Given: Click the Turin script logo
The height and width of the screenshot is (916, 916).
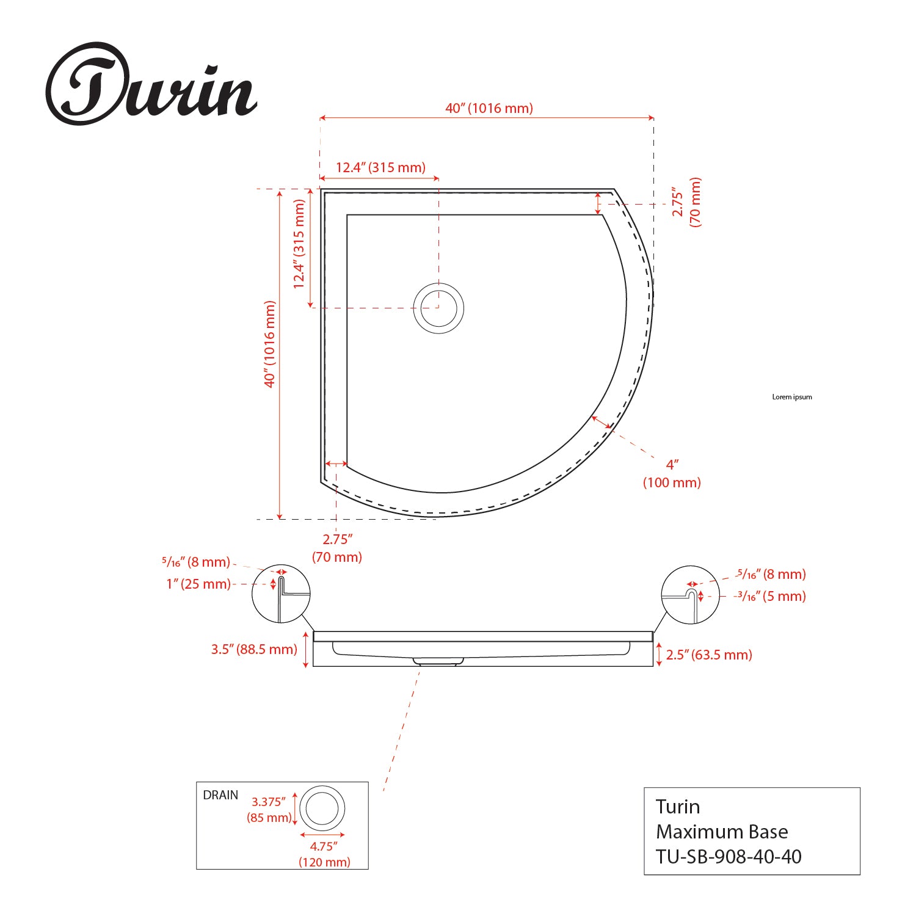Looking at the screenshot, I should [x=151, y=85].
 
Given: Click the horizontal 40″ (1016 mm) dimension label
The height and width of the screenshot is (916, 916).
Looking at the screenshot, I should [x=489, y=108].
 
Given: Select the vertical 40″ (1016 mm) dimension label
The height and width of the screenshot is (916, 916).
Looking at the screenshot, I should [x=270, y=344].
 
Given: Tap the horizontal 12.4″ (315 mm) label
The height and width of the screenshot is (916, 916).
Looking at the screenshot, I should [x=380, y=167].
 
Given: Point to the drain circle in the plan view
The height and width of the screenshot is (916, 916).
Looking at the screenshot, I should [x=438, y=308].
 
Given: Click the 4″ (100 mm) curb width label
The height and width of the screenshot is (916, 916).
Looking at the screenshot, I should [x=672, y=473].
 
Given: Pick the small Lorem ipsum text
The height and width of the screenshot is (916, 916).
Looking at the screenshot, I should [x=792, y=397].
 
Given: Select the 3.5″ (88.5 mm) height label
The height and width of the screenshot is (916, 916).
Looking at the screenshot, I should [x=254, y=649].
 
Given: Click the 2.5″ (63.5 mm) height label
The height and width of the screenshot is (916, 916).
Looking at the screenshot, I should [x=709, y=655].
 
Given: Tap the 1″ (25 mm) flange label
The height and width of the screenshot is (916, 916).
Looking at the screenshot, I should [x=198, y=584].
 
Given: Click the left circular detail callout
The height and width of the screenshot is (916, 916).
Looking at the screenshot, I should [x=281, y=594].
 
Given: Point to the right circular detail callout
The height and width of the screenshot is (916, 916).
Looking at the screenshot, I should [x=691, y=594].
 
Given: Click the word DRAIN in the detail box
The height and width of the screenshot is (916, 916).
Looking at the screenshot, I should [x=220, y=795].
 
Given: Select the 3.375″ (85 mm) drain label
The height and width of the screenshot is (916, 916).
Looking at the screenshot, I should [x=270, y=810].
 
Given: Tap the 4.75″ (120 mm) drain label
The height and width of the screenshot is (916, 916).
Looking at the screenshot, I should [x=324, y=854].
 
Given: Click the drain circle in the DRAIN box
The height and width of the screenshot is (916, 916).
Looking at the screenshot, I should [x=322, y=809].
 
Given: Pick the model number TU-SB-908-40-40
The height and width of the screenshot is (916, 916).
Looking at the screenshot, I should [x=729, y=856].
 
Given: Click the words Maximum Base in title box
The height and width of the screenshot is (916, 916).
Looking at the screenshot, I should [x=722, y=832].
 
